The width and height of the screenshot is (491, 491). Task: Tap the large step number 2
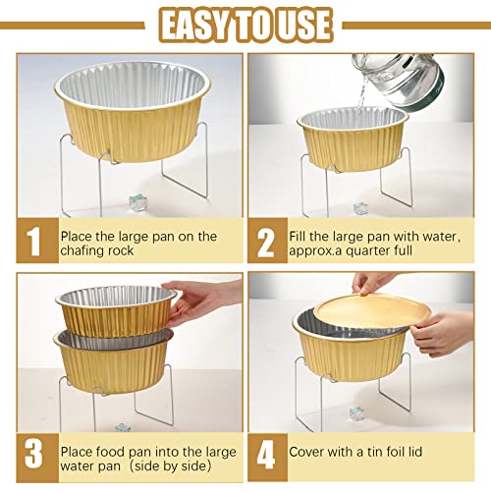266,243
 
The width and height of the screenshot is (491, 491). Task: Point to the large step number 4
266,453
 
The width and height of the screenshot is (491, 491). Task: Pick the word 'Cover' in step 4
307,453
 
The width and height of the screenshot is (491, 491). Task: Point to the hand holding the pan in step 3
205,300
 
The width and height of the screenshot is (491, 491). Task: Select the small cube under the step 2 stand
361,208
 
